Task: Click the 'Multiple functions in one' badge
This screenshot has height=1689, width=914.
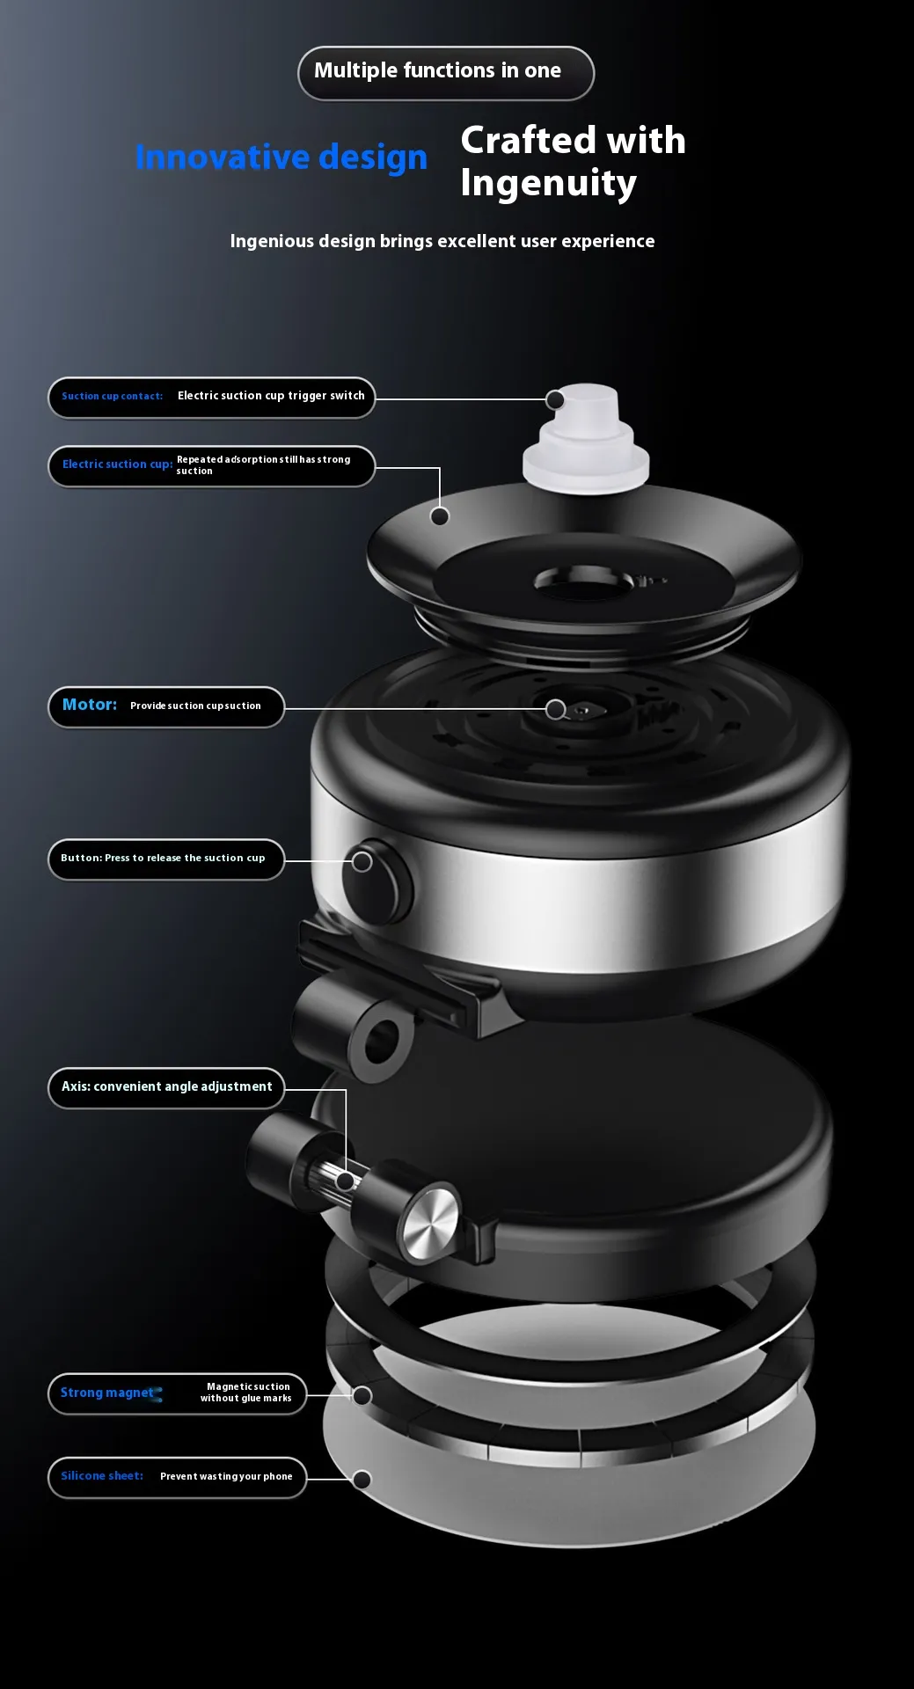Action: tap(446, 73)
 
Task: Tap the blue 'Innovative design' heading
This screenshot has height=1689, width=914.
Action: tap(282, 157)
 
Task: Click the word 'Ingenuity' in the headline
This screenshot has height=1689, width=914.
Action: tap(548, 184)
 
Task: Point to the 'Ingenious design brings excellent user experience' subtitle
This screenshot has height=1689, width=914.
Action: tap(442, 241)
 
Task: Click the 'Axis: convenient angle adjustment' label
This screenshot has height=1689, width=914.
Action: tap(166, 1087)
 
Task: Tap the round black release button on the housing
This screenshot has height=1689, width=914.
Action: tap(378, 881)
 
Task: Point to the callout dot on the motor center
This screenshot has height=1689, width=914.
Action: tap(555, 709)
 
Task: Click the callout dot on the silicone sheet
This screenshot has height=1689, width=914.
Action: tap(362, 1480)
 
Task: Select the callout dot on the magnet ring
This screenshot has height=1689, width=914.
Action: tap(362, 1396)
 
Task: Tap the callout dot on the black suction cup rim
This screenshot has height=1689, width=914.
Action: tap(440, 516)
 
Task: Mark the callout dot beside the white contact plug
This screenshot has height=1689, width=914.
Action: tap(555, 400)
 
